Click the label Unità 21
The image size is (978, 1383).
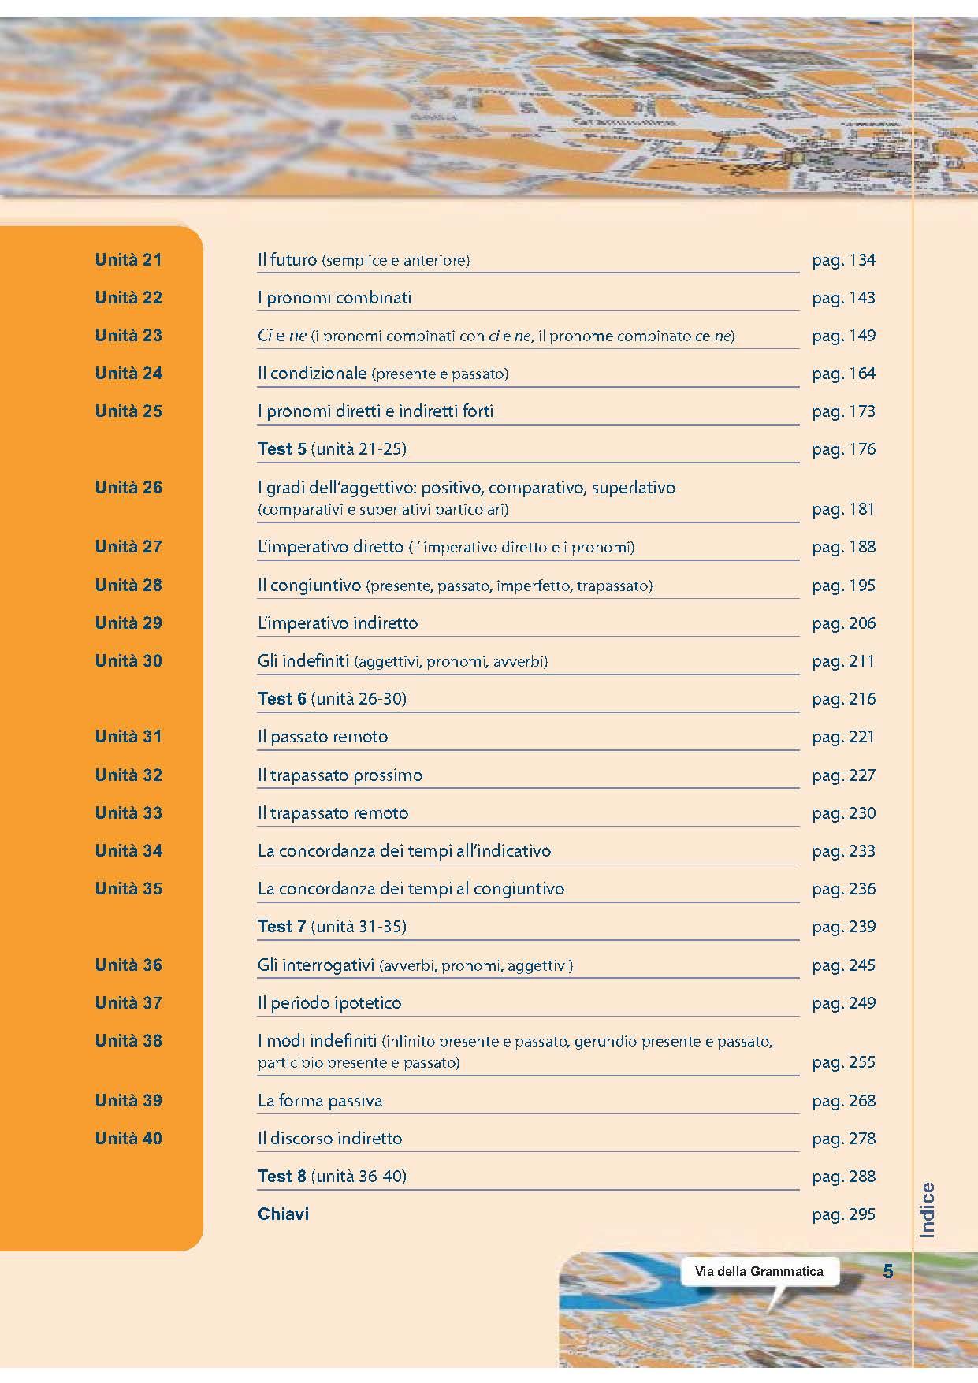pyautogui.click(x=128, y=260)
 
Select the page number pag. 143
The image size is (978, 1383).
pyautogui.click(x=843, y=298)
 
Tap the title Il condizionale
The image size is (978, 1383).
pyautogui.click(x=312, y=374)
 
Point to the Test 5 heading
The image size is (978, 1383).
pyautogui.click(x=281, y=449)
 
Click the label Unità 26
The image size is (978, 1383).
pyautogui.click(x=128, y=488)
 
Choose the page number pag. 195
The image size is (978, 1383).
pyautogui.click(x=843, y=586)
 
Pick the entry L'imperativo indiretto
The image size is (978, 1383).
pyautogui.click(x=337, y=623)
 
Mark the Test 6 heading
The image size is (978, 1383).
pyautogui.click(x=281, y=699)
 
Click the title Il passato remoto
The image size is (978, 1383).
pyautogui.click(x=322, y=737)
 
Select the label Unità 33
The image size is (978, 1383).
pyautogui.click(x=128, y=813)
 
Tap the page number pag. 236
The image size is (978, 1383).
pyautogui.click(x=843, y=889)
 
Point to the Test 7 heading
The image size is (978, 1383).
pyautogui.click(x=281, y=927)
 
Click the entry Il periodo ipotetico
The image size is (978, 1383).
pyautogui.click(x=329, y=1003)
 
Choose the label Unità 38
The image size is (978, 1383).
pyautogui.click(x=128, y=1041)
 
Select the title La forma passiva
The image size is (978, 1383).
pyautogui.click(x=320, y=1101)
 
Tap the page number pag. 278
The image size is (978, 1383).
pyautogui.click(x=843, y=1139)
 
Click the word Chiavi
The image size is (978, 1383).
pyautogui.click(x=283, y=1214)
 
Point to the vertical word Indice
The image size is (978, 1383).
pyautogui.click(x=928, y=1210)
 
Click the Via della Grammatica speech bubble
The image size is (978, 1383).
pyautogui.click(x=759, y=1271)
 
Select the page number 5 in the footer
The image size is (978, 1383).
pyautogui.click(x=888, y=1271)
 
